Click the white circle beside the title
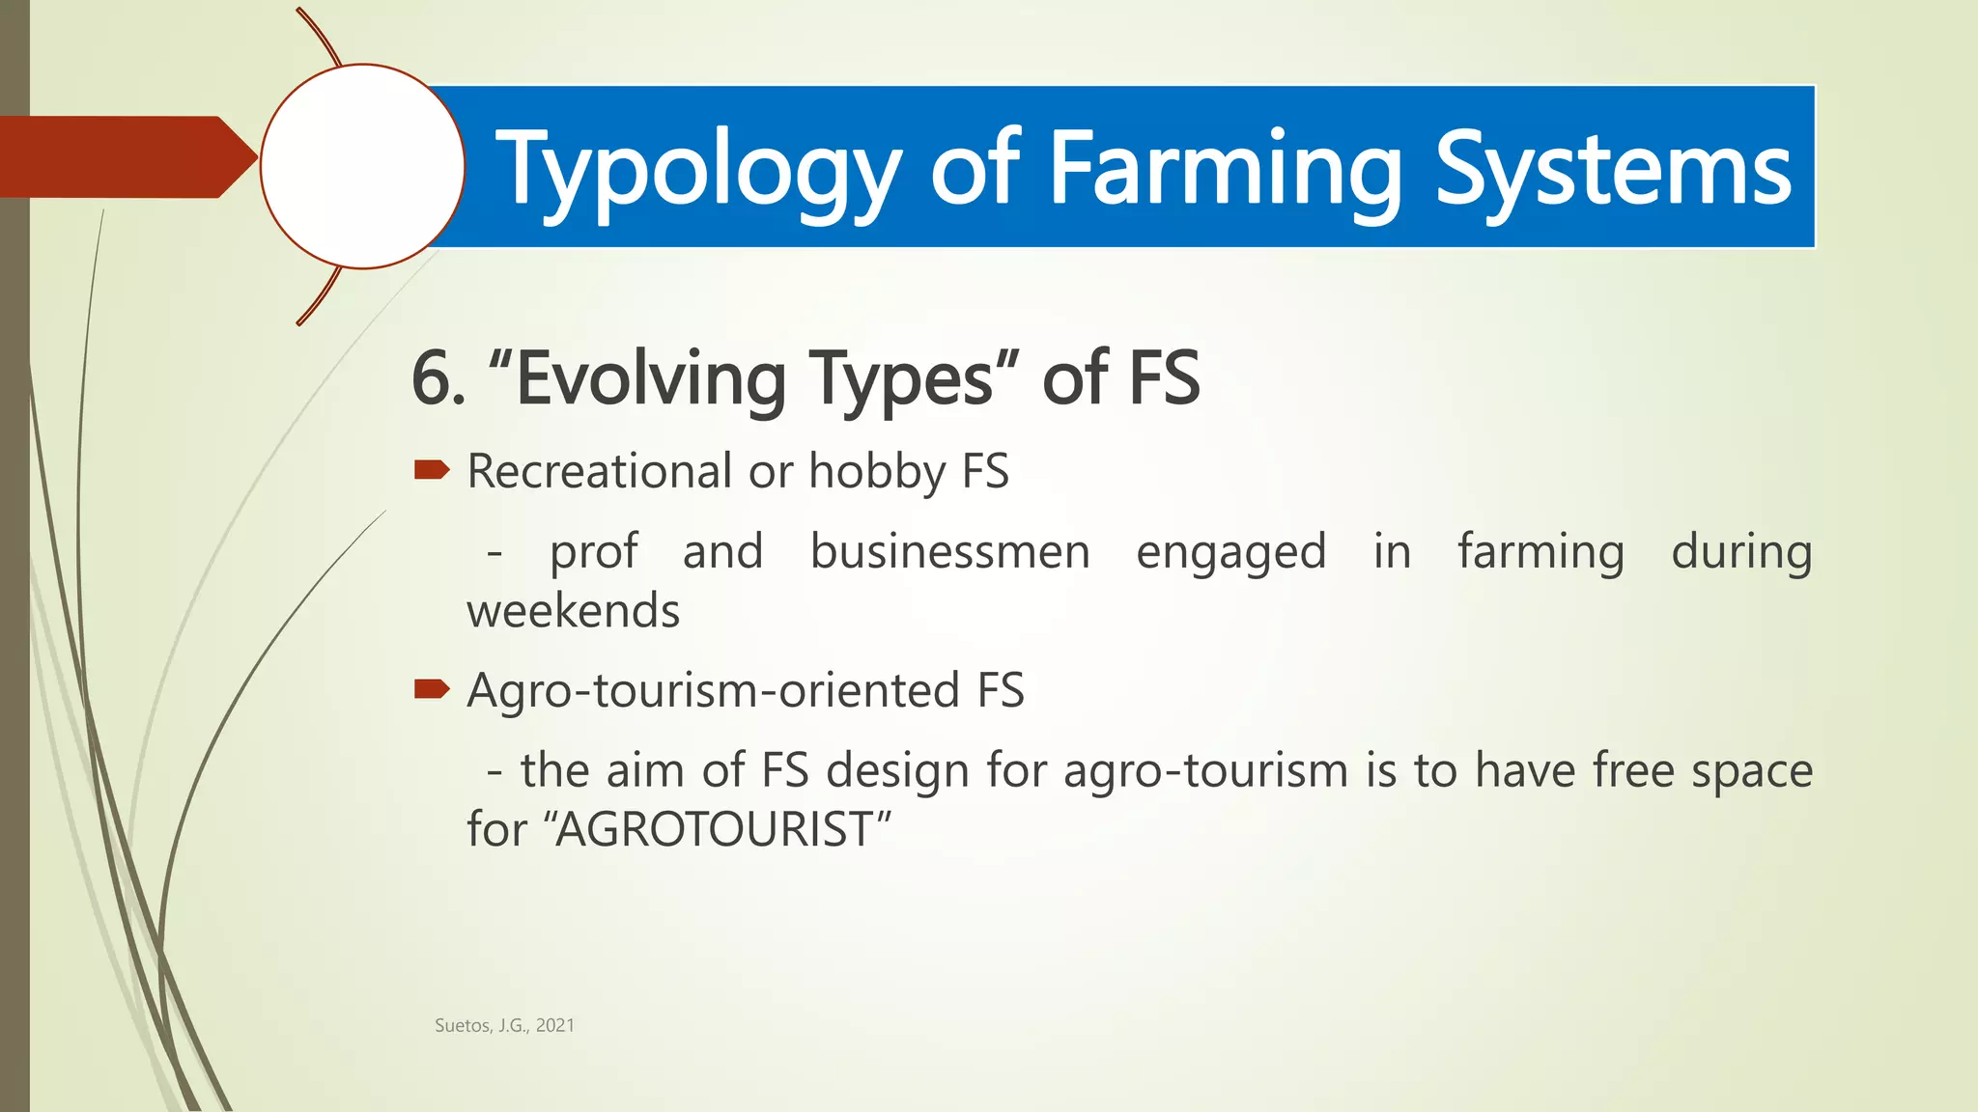tap(362, 166)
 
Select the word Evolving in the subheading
tap(649, 378)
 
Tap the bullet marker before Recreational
tap(431, 470)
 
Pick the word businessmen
tap(949, 552)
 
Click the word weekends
tap(574, 611)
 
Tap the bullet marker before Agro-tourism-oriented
tap(431, 688)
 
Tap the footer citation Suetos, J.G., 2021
tap(504, 1025)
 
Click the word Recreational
tap(599, 471)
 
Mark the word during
tap(1741, 552)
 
